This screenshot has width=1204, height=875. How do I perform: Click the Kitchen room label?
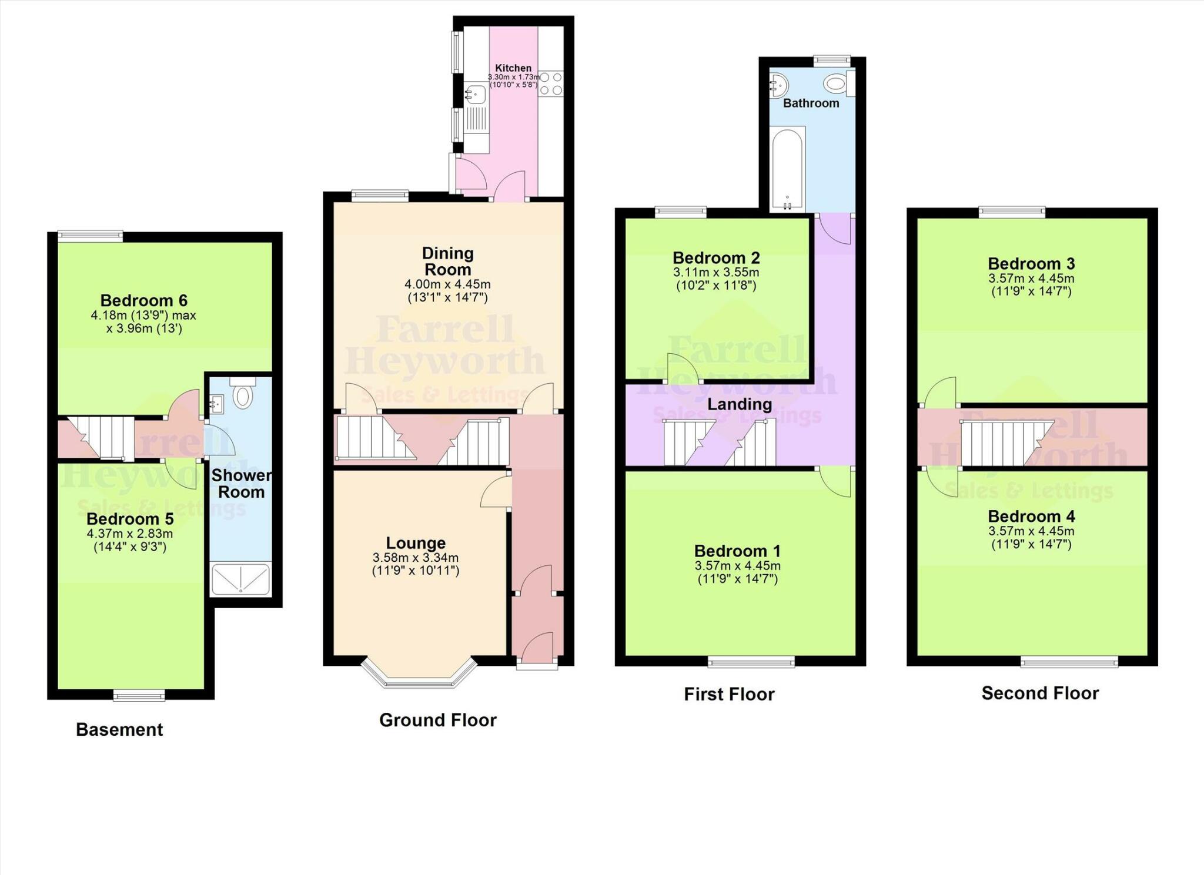tap(513, 68)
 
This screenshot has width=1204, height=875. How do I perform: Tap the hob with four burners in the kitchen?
tap(551, 83)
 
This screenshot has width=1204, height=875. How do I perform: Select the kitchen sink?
tap(475, 94)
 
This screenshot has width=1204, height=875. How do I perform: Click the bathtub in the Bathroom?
tap(787, 169)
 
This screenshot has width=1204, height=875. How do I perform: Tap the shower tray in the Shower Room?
tap(240, 579)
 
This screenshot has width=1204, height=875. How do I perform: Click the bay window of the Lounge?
tap(419, 676)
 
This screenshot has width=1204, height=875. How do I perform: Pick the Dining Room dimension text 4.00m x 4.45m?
tap(447, 284)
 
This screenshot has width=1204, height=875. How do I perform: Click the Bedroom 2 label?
tap(716, 258)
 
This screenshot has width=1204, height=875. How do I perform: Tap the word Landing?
tap(739, 404)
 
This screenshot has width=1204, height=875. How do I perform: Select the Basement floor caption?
tap(119, 730)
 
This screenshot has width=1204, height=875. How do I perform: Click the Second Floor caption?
tap(1040, 693)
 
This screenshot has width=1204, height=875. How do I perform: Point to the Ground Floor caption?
tap(438, 720)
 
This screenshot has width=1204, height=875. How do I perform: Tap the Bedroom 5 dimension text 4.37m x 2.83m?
tap(130, 534)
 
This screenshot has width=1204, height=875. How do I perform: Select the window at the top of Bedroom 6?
tap(90, 236)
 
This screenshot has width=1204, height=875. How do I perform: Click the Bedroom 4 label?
tap(1031, 517)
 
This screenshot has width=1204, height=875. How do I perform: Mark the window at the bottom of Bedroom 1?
tap(751, 662)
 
